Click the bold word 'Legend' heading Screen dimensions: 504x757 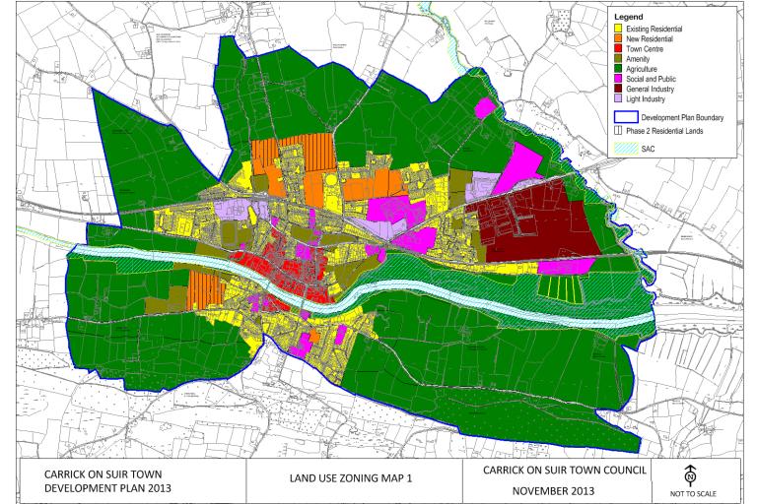(x=628, y=17)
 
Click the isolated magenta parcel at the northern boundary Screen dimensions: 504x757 (x=484, y=107)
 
